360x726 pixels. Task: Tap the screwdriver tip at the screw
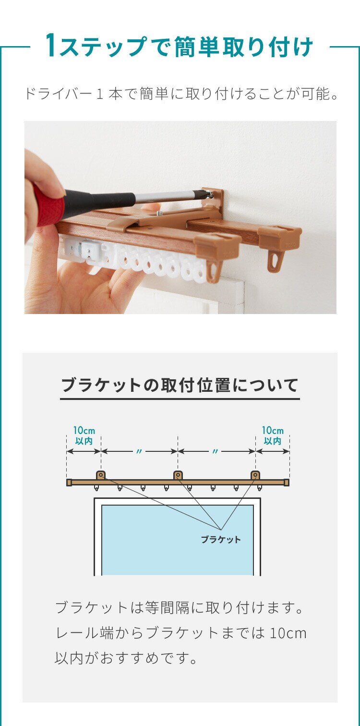(210, 194)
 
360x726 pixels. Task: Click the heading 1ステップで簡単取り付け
(180, 47)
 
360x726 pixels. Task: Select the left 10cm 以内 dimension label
(84, 436)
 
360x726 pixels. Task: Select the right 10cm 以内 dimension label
(273, 436)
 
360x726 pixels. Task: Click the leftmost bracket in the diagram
(101, 475)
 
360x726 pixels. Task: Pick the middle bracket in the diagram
(178, 475)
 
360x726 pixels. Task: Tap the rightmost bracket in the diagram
(255, 475)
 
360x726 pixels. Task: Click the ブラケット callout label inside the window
(221, 539)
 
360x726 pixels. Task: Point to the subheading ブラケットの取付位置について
(180, 385)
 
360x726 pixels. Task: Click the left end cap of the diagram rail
(69, 483)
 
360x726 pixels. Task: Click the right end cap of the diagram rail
(287, 483)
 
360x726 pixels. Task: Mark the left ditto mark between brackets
(139, 451)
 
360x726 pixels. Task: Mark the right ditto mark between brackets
(215, 451)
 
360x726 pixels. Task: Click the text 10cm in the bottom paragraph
(288, 633)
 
